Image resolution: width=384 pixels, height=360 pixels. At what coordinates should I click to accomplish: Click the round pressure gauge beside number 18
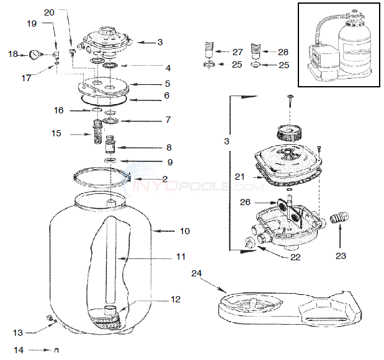[x=32, y=55]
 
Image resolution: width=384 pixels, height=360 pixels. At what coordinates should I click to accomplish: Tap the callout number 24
[x=197, y=272]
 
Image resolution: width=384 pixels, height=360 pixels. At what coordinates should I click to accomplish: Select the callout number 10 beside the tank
[x=184, y=231]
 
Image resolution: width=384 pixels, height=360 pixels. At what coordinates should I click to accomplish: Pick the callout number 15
[x=56, y=133]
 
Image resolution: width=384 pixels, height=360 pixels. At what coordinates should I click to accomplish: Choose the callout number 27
[x=238, y=52]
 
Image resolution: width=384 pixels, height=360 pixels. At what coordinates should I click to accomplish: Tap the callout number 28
[x=283, y=52]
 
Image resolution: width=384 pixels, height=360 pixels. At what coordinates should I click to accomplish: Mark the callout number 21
[x=239, y=177]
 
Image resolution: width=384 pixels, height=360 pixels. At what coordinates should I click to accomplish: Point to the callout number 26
[x=246, y=201]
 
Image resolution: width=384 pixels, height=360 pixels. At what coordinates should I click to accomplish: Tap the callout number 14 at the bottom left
[x=19, y=350]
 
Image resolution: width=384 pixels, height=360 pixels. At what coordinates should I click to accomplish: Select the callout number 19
[x=32, y=24]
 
